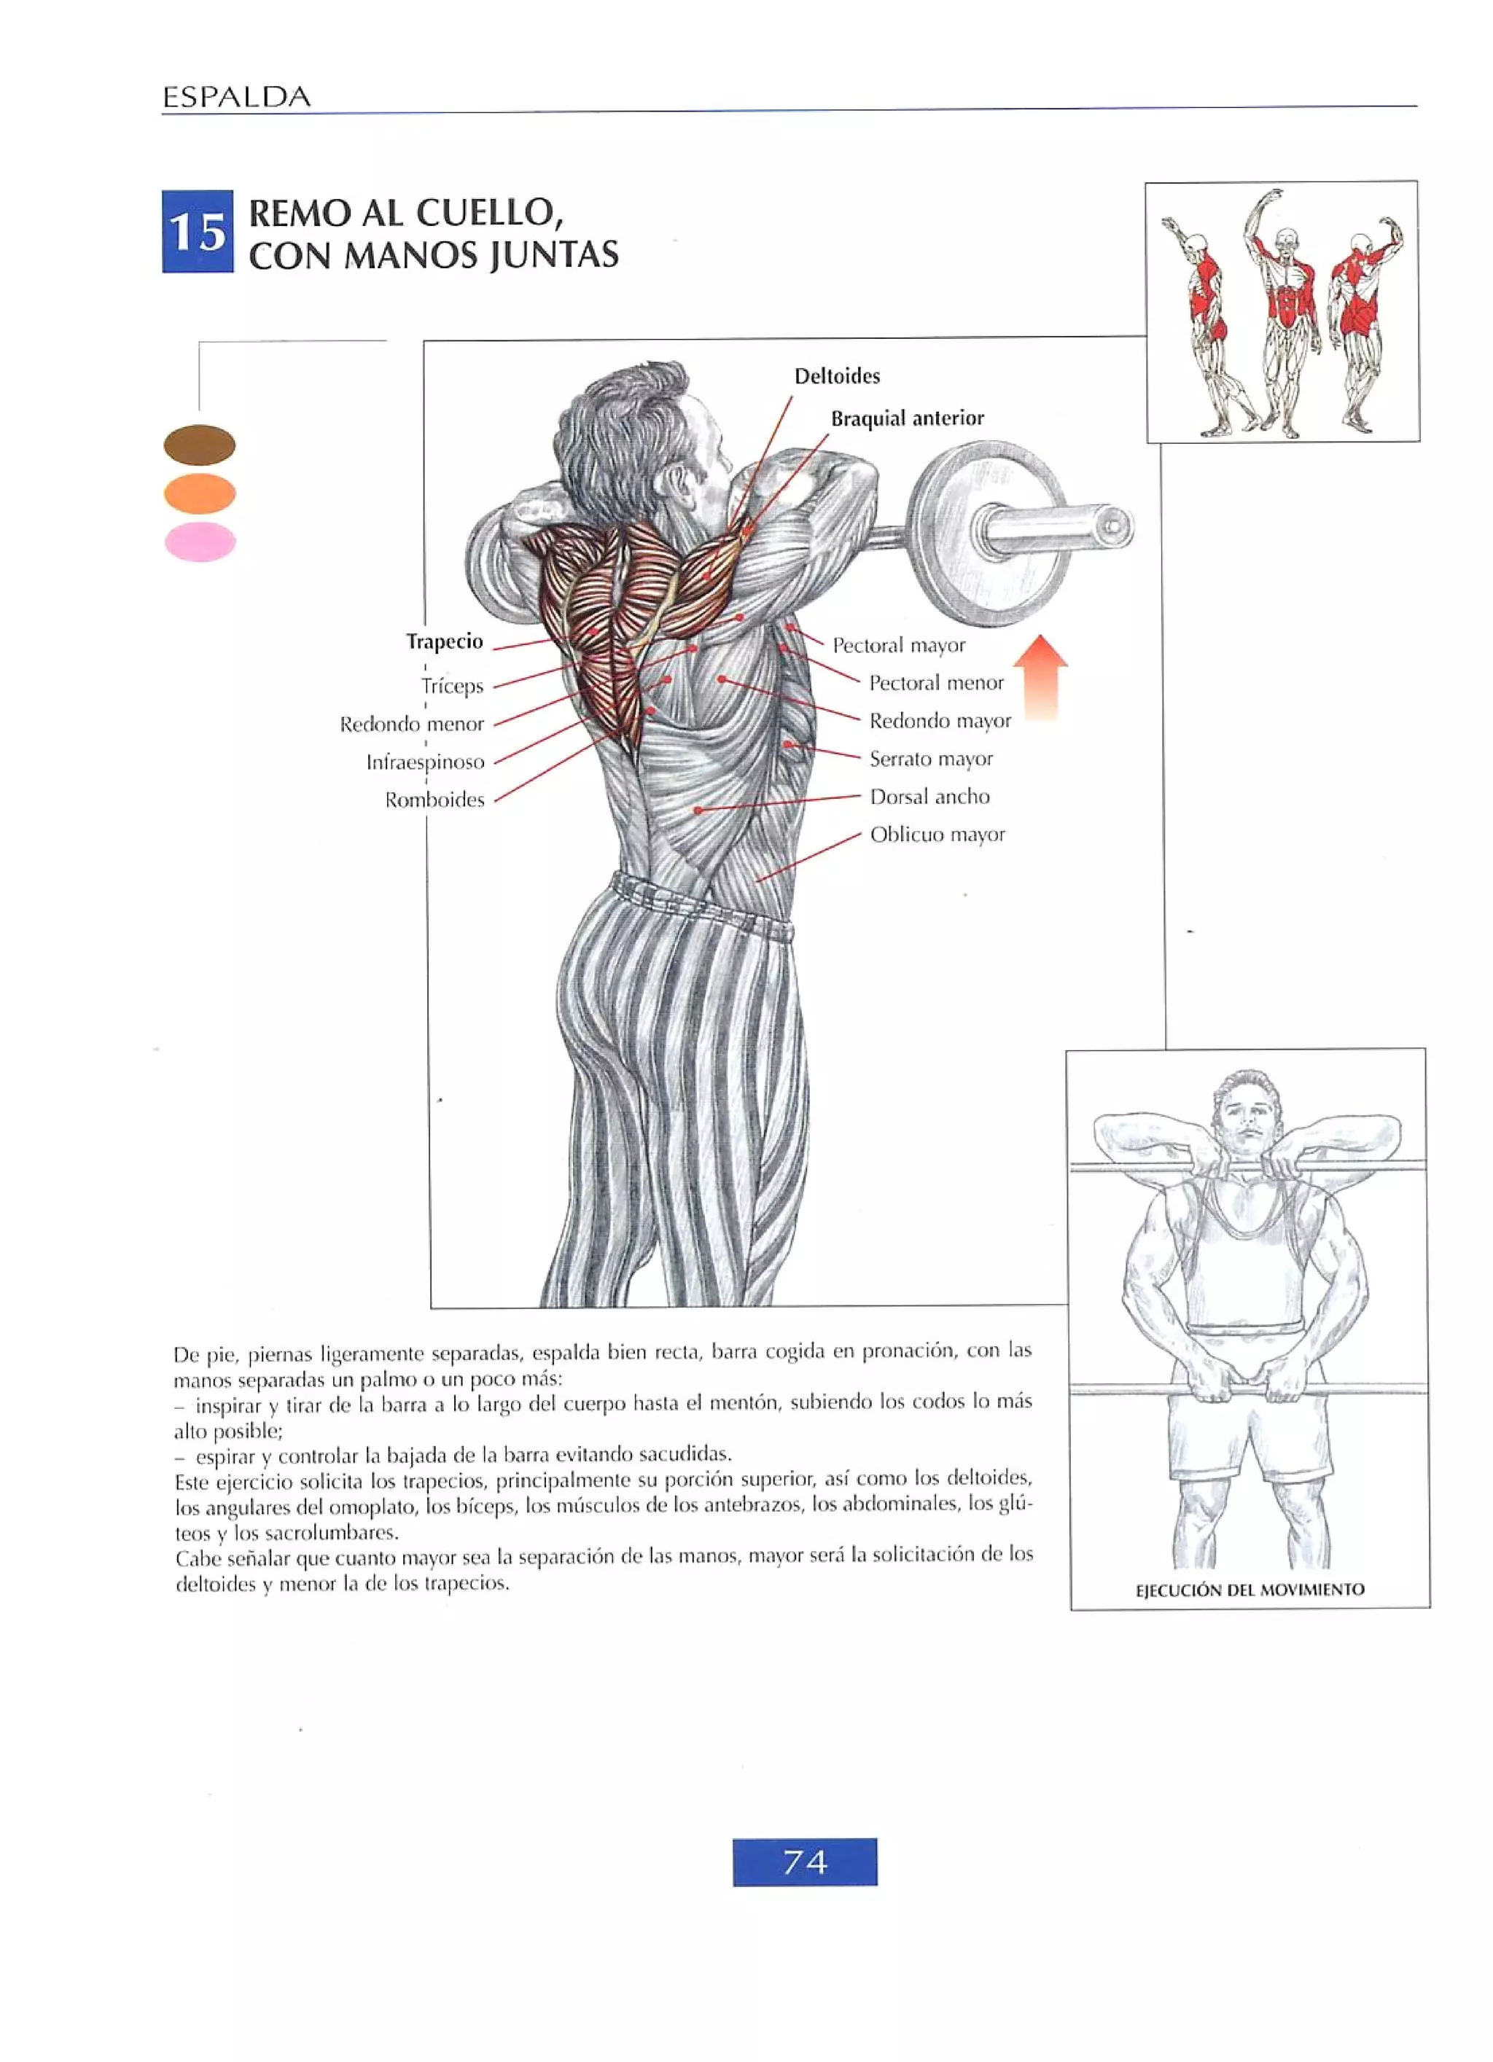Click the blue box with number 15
pyautogui.click(x=198, y=231)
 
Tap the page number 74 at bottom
pyautogui.click(x=804, y=1862)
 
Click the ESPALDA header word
pyautogui.click(x=236, y=97)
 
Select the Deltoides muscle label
pyautogui.click(x=836, y=376)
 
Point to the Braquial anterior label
pyautogui.click(x=907, y=418)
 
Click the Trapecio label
pyautogui.click(x=444, y=642)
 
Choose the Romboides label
pyautogui.click(x=434, y=800)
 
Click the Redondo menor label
pyautogui.click(x=412, y=725)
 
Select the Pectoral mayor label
pyautogui.click(x=898, y=646)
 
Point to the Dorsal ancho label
pyautogui.click(x=929, y=797)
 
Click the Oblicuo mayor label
pyautogui.click(x=937, y=835)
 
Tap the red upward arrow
pyautogui.click(x=1040, y=676)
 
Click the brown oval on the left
pyautogui.click(x=199, y=445)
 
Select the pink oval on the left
pyautogui.click(x=200, y=543)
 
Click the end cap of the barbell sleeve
pyautogui.click(x=1115, y=526)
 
